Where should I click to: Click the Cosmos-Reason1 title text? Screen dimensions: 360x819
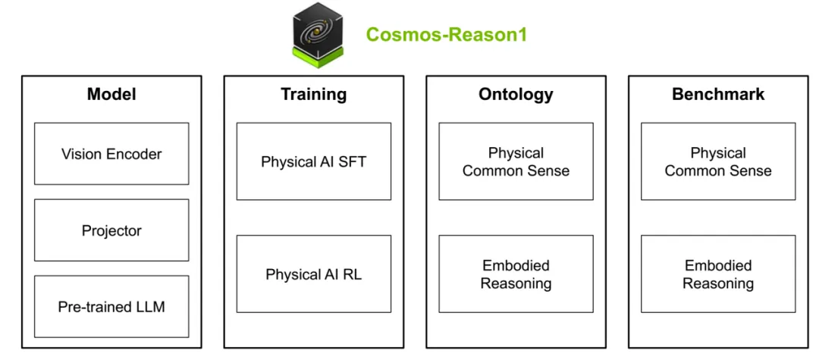pyautogui.click(x=446, y=35)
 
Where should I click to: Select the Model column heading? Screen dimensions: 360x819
pyautogui.click(x=111, y=95)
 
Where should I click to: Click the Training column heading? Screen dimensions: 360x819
pyautogui.click(x=313, y=95)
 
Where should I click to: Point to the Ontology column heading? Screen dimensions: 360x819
pyautogui.click(x=516, y=95)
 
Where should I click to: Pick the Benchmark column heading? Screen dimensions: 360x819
pyautogui.click(x=718, y=95)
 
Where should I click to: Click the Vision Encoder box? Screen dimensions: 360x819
pyautogui.click(x=111, y=154)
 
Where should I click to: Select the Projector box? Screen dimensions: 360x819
pyautogui.click(x=111, y=230)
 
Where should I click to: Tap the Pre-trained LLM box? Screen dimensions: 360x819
pyautogui.click(x=111, y=307)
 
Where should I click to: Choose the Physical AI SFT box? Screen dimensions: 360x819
pyautogui.click(x=313, y=161)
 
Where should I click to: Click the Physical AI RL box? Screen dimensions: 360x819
pyautogui.click(x=313, y=274)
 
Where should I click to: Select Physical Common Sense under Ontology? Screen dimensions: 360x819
pyautogui.click(x=516, y=161)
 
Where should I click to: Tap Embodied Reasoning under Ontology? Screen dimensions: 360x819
pyautogui.click(x=516, y=274)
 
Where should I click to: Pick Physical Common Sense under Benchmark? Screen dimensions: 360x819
pyautogui.click(x=718, y=161)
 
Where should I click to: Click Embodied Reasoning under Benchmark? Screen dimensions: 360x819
pyautogui.click(x=718, y=274)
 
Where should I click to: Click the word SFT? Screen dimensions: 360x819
pyautogui.click(x=352, y=161)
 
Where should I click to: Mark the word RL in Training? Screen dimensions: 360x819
pyautogui.click(x=352, y=274)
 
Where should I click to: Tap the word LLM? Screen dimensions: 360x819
pyautogui.click(x=150, y=307)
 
